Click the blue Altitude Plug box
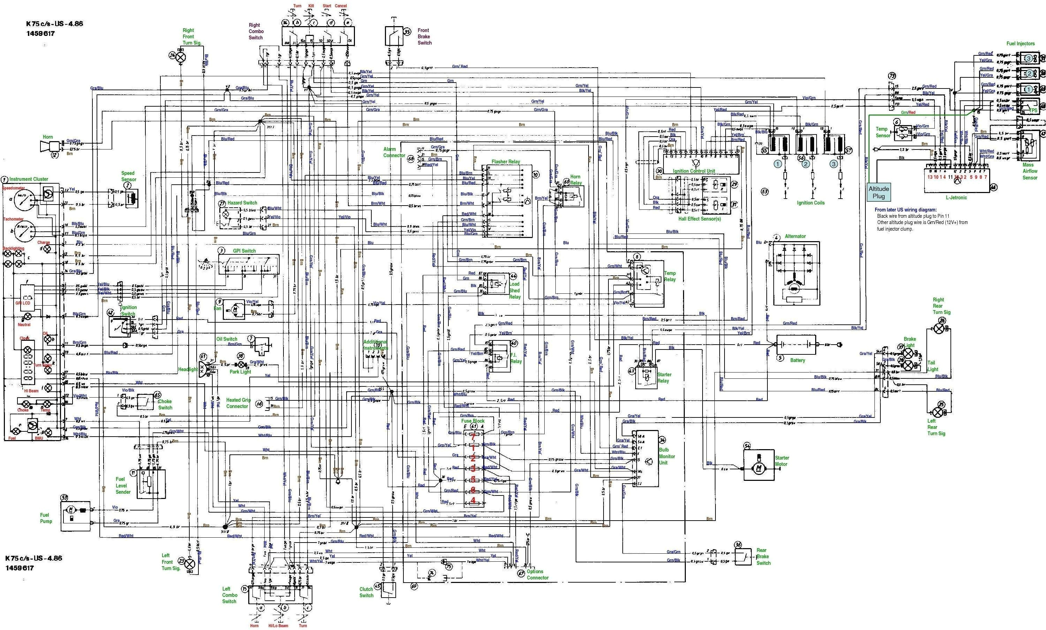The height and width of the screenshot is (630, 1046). [x=878, y=192]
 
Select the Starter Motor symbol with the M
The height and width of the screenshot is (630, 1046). [x=759, y=468]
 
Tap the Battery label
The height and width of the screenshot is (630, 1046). [x=797, y=360]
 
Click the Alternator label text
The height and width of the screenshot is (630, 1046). [x=795, y=236]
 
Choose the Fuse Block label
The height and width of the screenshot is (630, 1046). [x=473, y=421]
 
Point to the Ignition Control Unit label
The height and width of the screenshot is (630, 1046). [x=693, y=171]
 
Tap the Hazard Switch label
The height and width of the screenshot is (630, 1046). [x=242, y=203]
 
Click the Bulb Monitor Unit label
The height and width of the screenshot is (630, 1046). [x=667, y=456]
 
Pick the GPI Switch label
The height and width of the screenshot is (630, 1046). [x=244, y=251]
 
